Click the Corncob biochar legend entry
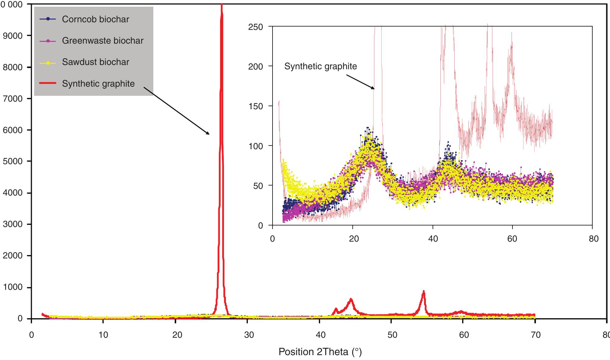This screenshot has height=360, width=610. (x=95, y=19)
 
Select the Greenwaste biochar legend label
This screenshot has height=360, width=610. (x=102, y=41)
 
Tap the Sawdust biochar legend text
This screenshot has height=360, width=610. (x=95, y=62)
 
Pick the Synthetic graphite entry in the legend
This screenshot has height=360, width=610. (x=98, y=84)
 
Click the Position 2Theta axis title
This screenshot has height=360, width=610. (x=320, y=352)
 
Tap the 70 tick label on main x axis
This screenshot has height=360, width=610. (x=536, y=335)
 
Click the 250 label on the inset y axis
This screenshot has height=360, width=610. (x=255, y=27)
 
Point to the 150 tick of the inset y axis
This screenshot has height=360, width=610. (x=255, y=106)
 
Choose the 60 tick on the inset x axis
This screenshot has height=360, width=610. (x=512, y=238)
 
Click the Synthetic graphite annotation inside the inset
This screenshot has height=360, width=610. (x=320, y=66)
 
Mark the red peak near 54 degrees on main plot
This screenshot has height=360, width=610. (x=423, y=292)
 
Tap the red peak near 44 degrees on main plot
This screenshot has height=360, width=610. (x=351, y=300)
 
